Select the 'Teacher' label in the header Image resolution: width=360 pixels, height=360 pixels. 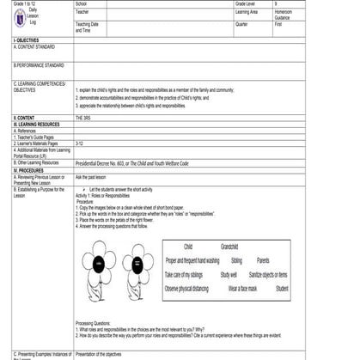[83, 12]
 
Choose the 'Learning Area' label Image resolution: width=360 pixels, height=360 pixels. [247, 12]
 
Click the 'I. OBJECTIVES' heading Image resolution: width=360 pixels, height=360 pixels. [27, 40]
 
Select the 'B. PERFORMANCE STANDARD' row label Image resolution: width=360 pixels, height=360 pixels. [39, 64]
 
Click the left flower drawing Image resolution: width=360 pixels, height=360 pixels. [99, 266]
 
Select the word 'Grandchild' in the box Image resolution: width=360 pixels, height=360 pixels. [229, 246]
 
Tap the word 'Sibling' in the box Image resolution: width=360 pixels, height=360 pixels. [236, 259]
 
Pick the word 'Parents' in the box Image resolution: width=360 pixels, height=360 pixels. [263, 259]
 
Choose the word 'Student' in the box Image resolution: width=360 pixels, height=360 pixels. [282, 289]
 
